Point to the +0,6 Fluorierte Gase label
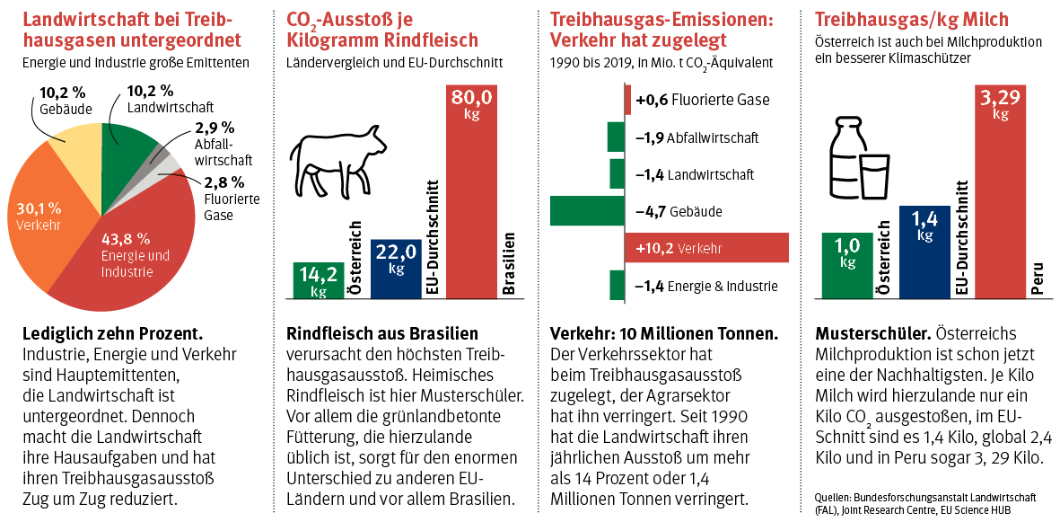pos(702,100)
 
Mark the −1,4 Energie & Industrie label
pos(705,287)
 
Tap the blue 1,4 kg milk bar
pos(924,251)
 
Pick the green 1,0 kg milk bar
pos(847,264)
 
